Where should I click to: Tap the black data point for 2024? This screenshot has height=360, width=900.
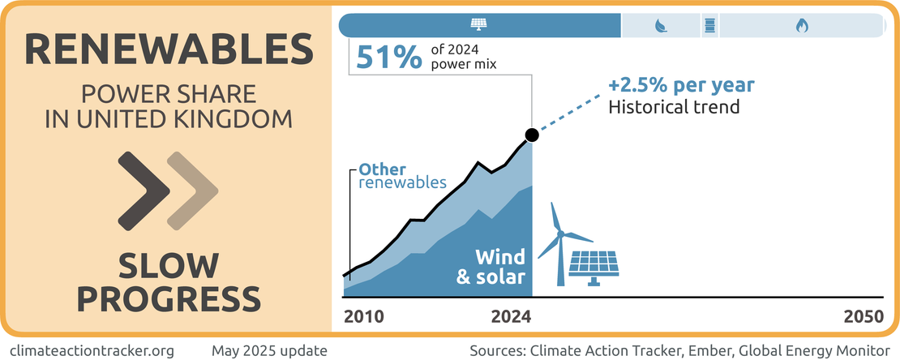point(531,135)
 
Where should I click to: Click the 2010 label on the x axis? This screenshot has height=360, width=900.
point(364,316)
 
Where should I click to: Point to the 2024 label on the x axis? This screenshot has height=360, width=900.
point(512,316)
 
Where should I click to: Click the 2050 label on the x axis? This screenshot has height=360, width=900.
point(863,316)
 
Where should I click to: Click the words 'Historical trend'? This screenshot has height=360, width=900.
point(674,106)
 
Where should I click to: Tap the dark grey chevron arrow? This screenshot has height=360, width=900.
point(144,191)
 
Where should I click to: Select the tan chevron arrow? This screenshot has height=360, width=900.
point(192,191)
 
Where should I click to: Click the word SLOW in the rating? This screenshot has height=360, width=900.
point(169,265)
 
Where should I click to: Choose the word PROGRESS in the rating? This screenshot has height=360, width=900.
point(169,298)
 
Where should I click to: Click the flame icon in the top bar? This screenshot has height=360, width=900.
point(802,25)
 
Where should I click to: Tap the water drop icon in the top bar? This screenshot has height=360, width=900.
point(661,25)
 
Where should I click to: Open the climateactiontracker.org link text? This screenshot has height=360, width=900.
point(96,351)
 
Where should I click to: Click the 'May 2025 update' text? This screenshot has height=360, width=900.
point(269,351)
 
